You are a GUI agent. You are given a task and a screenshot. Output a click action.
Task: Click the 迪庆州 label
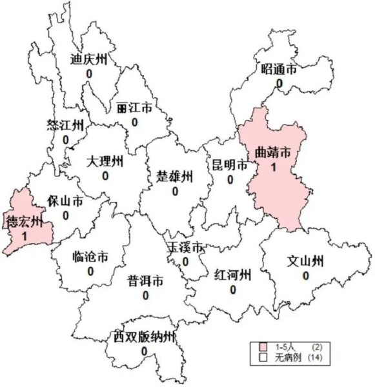[88, 59]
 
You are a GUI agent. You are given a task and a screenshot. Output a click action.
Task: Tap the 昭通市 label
[279, 70]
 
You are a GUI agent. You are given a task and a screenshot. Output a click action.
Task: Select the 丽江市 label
[135, 108]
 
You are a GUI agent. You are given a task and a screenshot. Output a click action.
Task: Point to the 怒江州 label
[65, 125]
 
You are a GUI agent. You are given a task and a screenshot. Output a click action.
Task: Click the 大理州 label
[105, 161]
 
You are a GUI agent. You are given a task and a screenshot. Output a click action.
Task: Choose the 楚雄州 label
[175, 176]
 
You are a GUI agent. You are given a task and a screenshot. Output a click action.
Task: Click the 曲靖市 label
[273, 153]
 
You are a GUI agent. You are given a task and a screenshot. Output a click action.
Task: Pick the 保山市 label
[65, 201]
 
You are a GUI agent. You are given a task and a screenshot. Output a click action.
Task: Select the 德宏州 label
[25, 223]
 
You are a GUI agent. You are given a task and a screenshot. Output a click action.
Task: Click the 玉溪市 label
[186, 248]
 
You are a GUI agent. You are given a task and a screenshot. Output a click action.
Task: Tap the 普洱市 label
[145, 281]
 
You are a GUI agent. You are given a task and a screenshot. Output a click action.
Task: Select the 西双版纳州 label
[144, 337]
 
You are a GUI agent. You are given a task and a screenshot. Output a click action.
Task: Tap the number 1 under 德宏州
[25, 237]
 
